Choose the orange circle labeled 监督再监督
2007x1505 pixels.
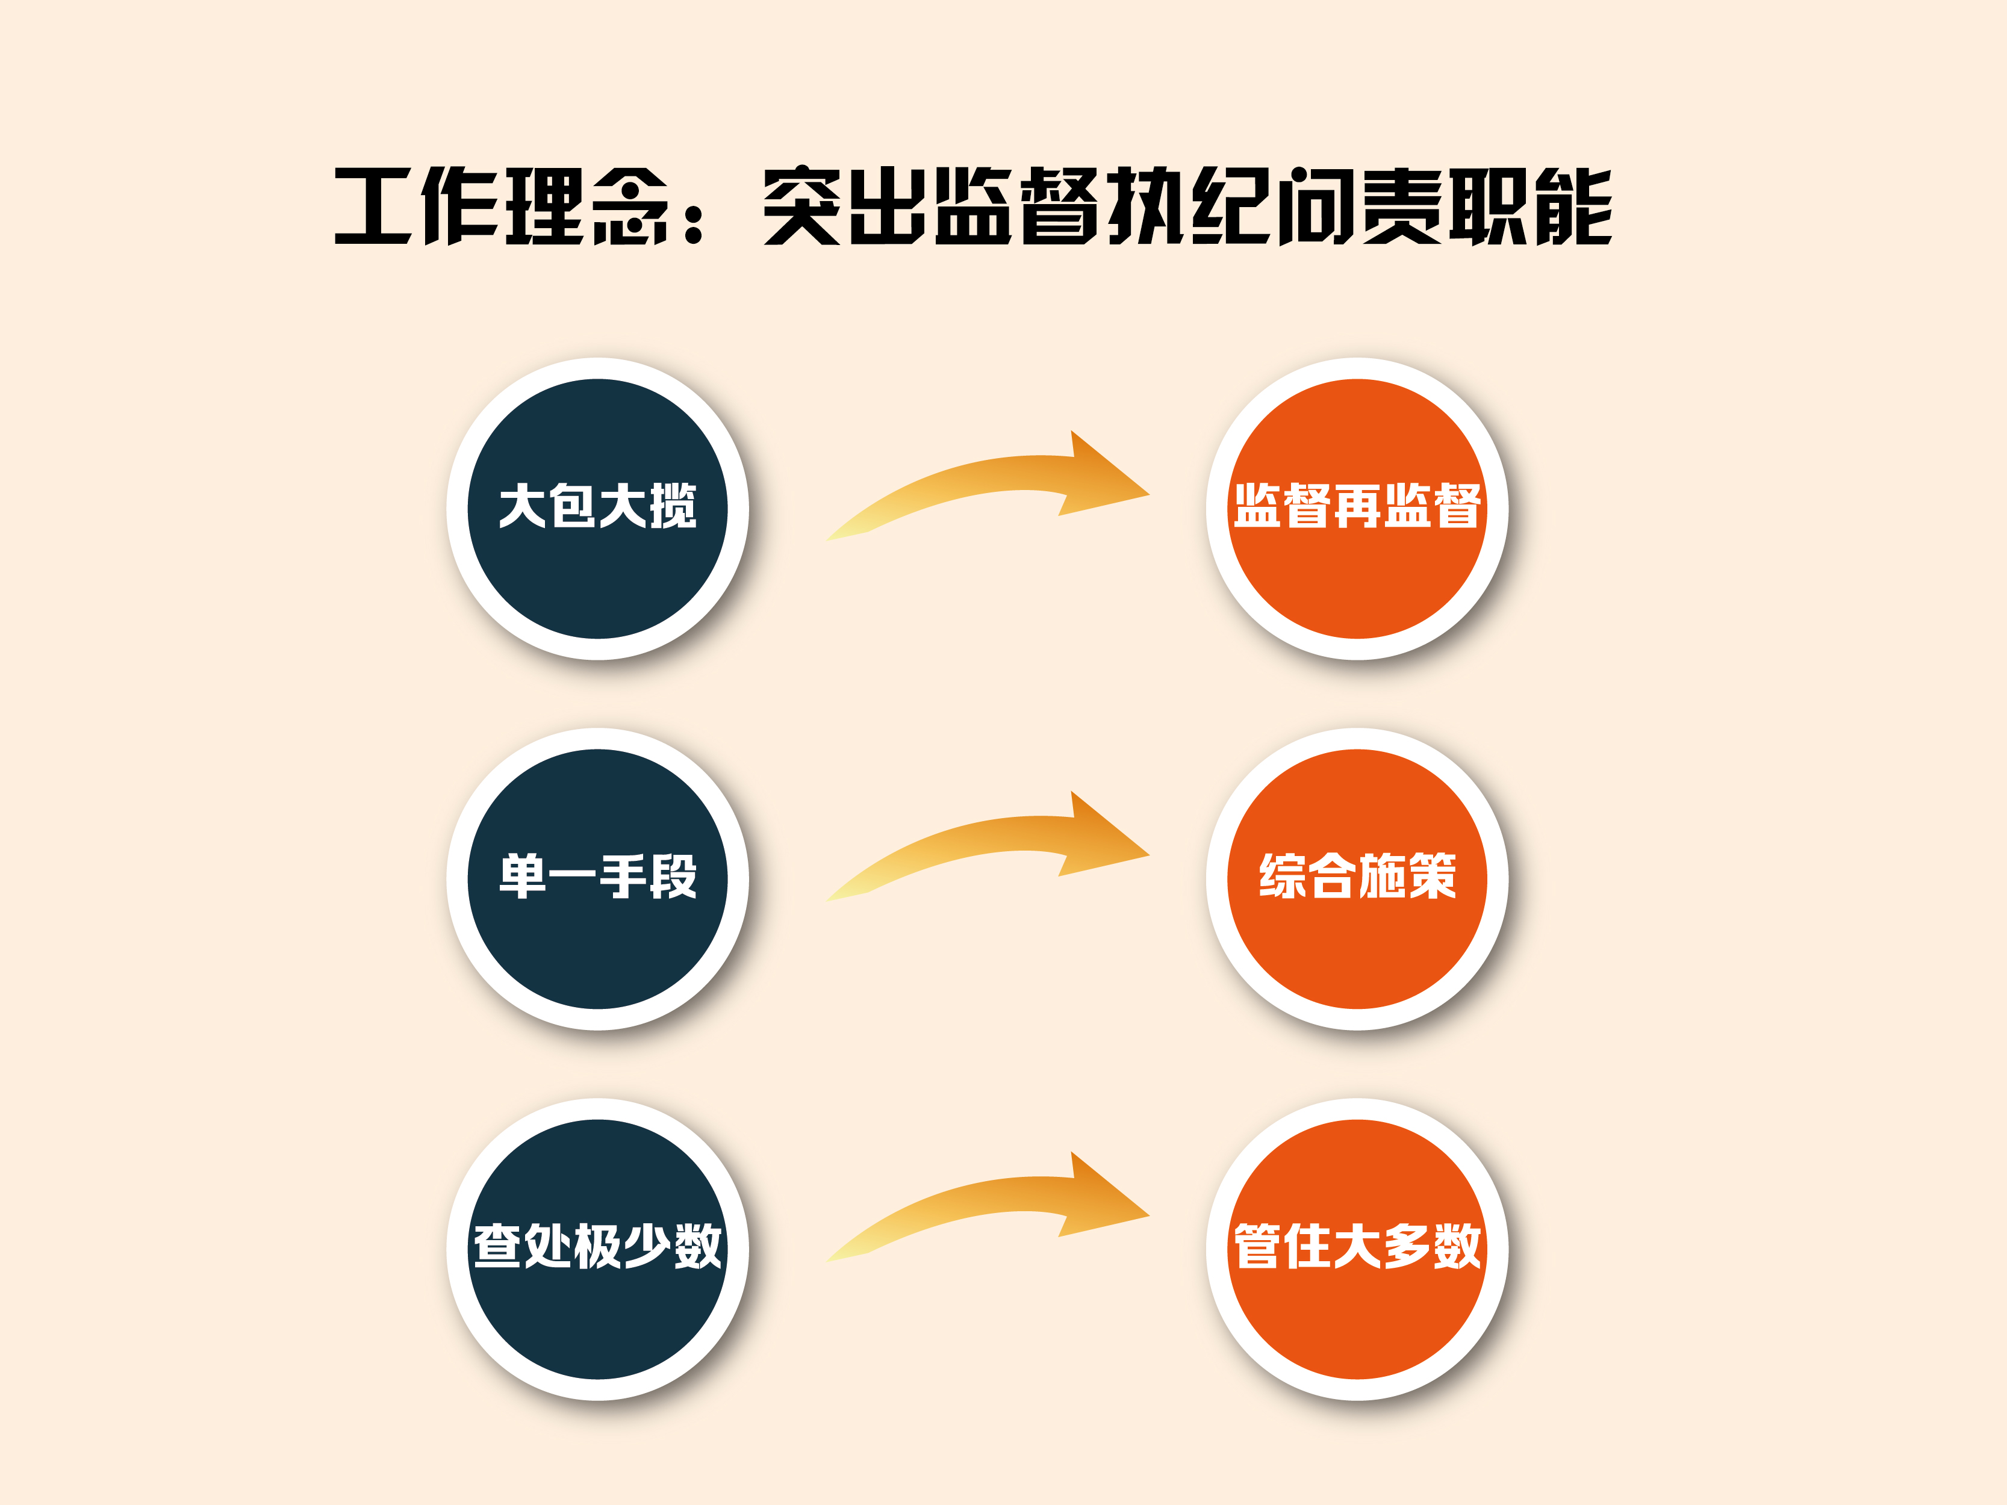pyautogui.click(x=1357, y=508)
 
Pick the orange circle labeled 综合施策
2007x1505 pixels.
pyautogui.click(x=1357, y=878)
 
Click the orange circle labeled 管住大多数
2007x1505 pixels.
pyautogui.click(x=1357, y=1249)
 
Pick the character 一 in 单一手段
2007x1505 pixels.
pyautogui.click(x=573, y=877)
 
